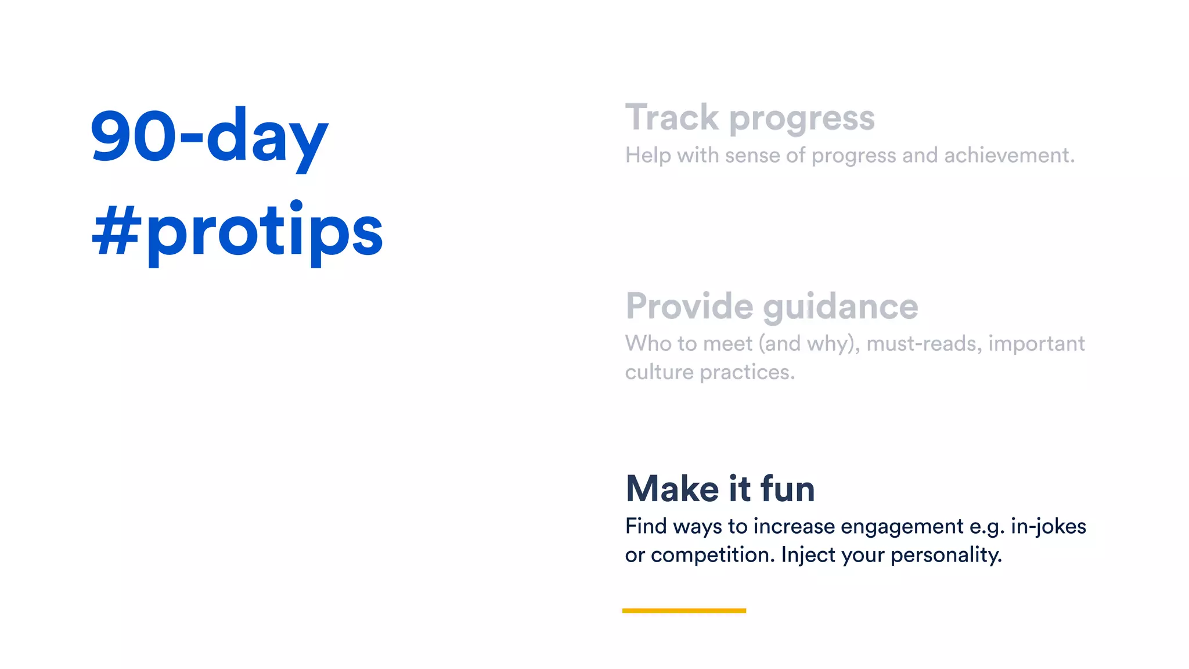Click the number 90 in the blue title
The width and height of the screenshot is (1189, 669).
(x=132, y=136)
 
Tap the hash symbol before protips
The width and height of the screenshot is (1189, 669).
(x=116, y=231)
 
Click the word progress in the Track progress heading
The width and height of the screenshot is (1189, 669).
(x=802, y=119)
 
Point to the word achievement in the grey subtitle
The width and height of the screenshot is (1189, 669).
(x=1009, y=156)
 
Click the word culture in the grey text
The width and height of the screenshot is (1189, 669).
(x=659, y=372)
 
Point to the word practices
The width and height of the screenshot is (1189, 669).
(x=747, y=372)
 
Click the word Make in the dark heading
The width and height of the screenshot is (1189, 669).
(x=672, y=488)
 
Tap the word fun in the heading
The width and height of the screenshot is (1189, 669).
(x=788, y=488)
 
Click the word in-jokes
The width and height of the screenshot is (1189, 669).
(x=1049, y=527)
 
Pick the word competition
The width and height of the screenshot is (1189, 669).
(x=713, y=555)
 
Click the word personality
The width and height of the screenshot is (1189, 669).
(x=946, y=555)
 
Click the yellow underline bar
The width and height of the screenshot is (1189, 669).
(x=684, y=610)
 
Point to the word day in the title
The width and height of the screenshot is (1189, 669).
(x=267, y=138)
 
